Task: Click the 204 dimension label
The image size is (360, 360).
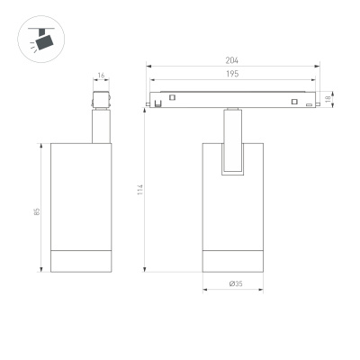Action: (233, 61)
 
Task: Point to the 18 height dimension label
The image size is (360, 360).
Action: (331, 98)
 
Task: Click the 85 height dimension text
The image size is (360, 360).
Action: (36, 211)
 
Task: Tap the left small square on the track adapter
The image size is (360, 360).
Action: (158, 101)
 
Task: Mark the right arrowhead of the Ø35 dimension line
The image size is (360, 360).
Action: (262, 290)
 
